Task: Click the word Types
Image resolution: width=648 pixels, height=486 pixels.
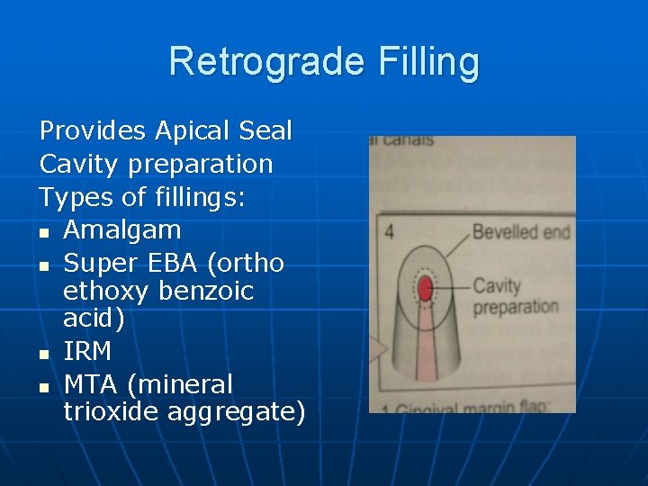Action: click(x=75, y=197)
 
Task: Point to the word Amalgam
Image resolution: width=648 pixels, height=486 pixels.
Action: click(x=122, y=229)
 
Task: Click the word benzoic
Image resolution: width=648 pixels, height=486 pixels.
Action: click(x=206, y=292)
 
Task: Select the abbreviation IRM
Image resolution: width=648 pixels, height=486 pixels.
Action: click(x=88, y=351)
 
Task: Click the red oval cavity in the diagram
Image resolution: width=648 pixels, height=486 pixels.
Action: click(x=426, y=288)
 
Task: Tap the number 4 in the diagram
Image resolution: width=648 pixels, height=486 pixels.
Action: click(x=389, y=231)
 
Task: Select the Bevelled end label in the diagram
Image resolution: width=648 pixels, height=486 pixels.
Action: click(x=520, y=232)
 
